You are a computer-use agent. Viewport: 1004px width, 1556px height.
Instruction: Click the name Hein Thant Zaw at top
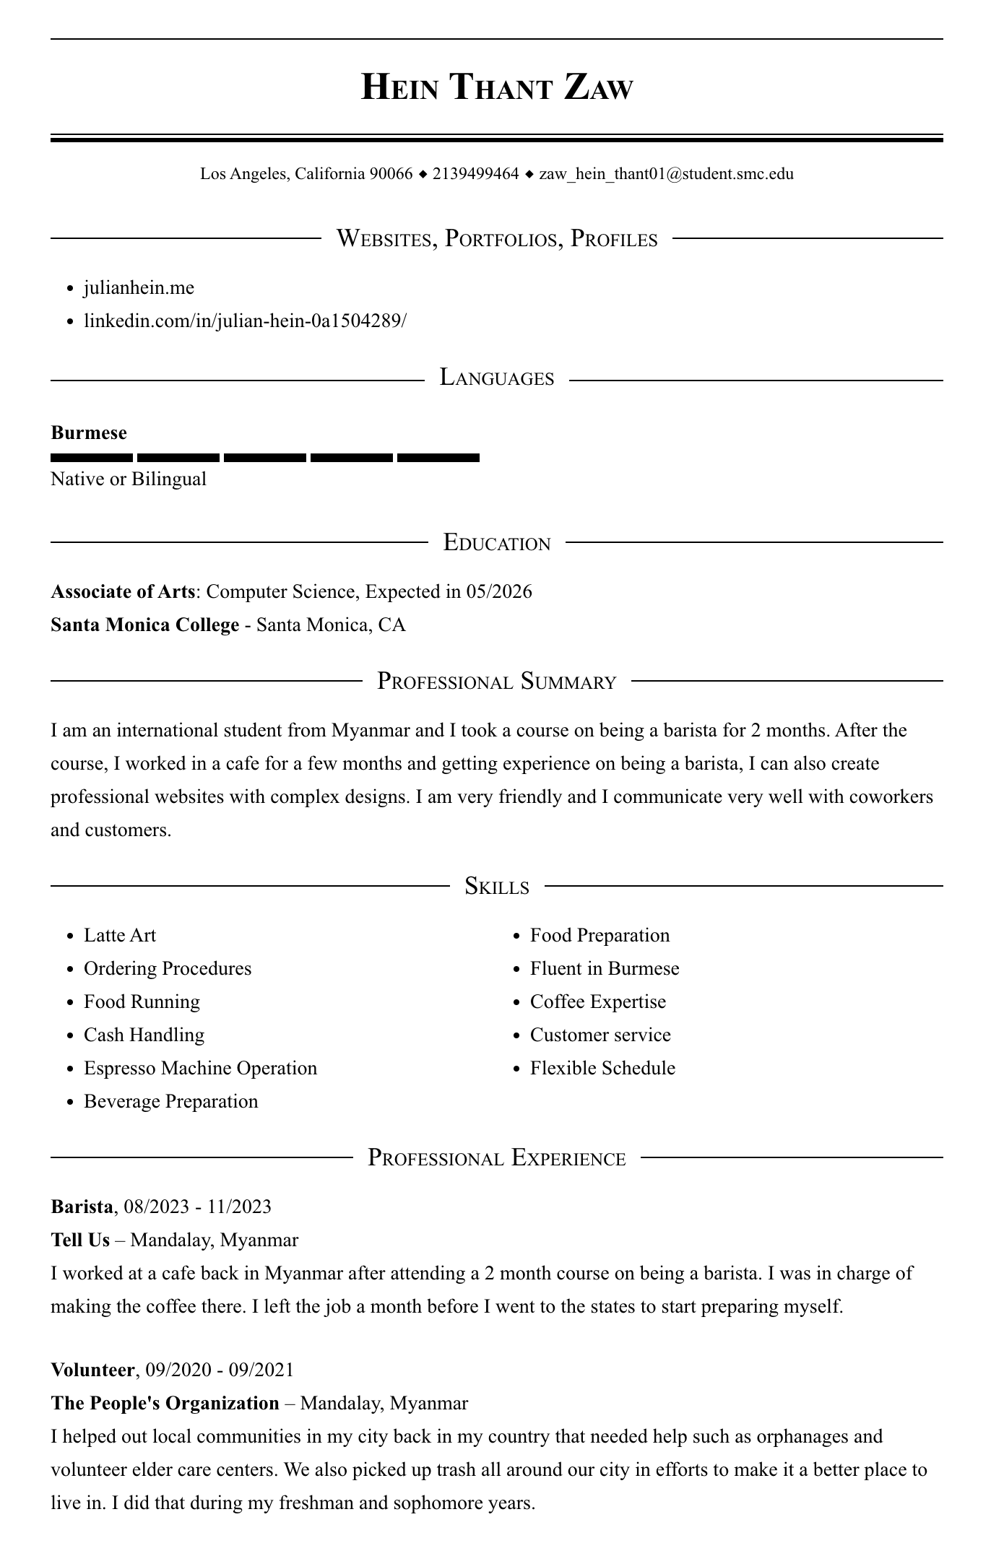tap(496, 87)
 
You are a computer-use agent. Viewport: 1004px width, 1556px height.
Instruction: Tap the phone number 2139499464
tap(475, 174)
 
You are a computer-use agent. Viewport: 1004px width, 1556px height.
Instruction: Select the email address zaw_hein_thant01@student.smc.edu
tap(666, 174)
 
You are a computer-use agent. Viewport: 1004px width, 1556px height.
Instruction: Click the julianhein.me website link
tap(139, 288)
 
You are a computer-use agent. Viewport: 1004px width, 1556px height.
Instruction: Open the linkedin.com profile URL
tap(245, 321)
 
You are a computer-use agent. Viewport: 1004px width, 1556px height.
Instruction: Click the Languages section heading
tap(496, 378)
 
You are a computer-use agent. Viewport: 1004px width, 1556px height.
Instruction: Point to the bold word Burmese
tap(89, 433)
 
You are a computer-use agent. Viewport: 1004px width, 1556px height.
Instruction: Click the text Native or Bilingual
tap(129, 479)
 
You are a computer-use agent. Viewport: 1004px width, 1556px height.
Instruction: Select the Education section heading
tap(496, 542)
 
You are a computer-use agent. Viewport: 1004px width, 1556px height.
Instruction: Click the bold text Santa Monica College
tap(144, 625)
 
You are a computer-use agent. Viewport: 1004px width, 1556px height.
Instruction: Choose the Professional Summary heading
tap(496, 681)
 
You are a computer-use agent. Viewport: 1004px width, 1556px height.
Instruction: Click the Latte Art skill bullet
tap(120, 936)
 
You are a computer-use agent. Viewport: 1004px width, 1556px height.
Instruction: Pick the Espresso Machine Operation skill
tap(200, 1069)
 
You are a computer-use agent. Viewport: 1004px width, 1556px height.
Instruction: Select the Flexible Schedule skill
tap(602, 1069)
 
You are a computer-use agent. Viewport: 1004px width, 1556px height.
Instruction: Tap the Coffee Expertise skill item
tap(597, 1002)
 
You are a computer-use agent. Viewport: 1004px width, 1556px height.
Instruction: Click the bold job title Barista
tap(82, 1207)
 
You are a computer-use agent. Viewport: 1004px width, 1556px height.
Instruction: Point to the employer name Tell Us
tap(80, 1240)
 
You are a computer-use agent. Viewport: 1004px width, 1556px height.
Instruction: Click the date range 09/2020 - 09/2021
tap(220, 1370)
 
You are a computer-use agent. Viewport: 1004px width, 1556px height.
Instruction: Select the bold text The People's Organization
tap(165, 1404)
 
